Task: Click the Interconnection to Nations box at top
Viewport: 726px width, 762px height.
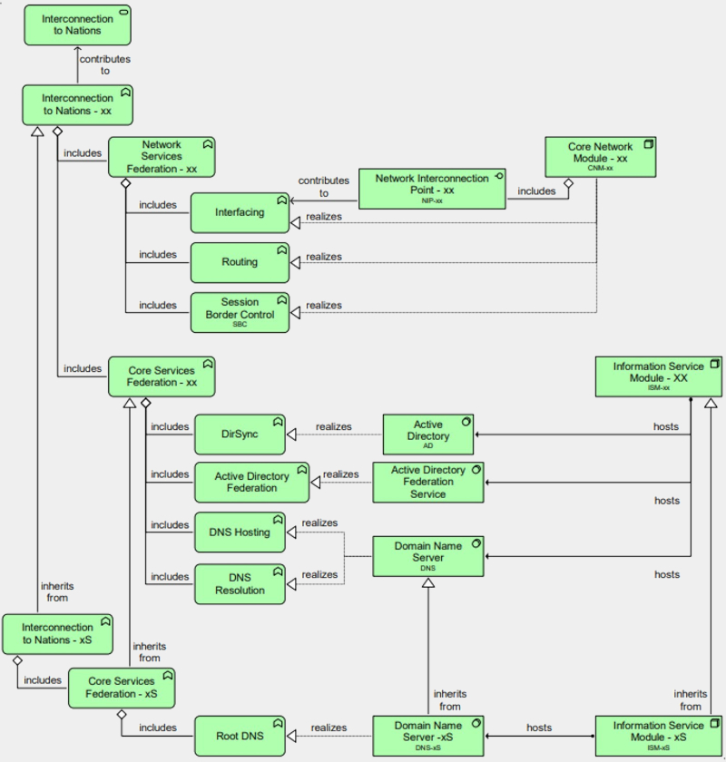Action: pyautogui.click(x=77, y=24)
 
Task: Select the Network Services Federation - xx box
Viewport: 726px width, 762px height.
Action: pyautogui.click(x=162, y=157)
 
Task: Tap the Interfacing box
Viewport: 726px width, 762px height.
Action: pyautogui.click(x=240, y=212)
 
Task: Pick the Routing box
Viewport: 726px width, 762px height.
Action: pyautogui.click(x=240, y=262)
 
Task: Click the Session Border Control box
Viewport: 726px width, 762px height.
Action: pyautogui.click(x=240, y=311)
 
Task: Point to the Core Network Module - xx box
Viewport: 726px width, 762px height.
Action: pyautogui.click(x=599, y=156)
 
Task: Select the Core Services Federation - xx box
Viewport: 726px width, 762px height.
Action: pyautogui.click(x=162, y=376)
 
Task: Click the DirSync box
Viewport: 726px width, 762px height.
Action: pyautogui.click(x=240, y=435)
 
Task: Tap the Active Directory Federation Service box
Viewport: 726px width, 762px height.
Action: pyautogui.click(x=428, y=482)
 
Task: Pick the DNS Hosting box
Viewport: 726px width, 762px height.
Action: pyautogui.click(x=240, y=532)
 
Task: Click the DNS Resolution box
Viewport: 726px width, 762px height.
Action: pyautogui.click(x=240, y=584)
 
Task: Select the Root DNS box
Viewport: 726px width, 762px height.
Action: pyautogui.click(x=240, y=737)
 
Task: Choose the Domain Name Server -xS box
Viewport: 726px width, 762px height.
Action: pyautogui.click(x=428, y=736)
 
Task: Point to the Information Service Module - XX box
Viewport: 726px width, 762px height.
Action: pyautogui.click(x=658, y=376)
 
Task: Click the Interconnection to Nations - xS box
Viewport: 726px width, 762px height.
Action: pyautogui.click(x=57, y=633)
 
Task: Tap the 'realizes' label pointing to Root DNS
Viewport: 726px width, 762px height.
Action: pyautogui.click(x=329, y=728)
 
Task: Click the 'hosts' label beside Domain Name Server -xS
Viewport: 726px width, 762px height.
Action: pyautogui.click(x=539, y=728)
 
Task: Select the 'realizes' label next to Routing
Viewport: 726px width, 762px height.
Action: pyautogui.click(x=324, y=257)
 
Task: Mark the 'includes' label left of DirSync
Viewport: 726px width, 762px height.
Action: pyautogui.click(x=170, y=426)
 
